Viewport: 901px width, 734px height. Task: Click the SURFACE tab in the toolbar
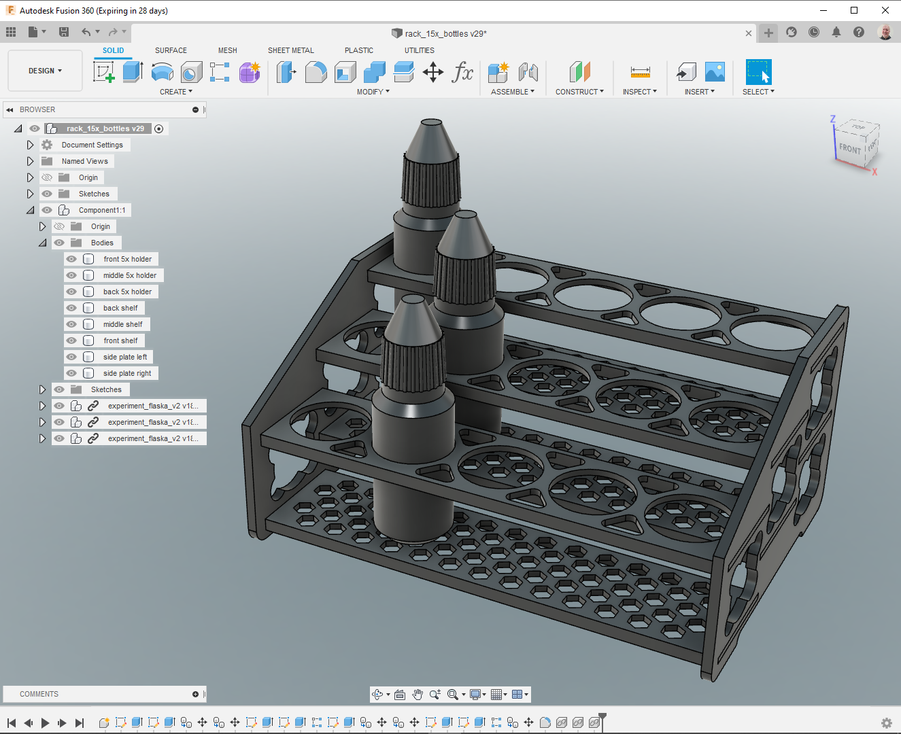click(x=171, y=50)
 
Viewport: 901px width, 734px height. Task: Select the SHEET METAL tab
click(x=290, y=50)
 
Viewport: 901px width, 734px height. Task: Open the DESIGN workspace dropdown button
click(x=45, y=71)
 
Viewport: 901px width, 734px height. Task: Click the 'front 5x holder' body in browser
click(x=127, y=259)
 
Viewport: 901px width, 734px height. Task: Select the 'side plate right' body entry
click(x=127, y=373)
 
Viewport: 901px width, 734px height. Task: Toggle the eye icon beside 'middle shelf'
click(x=71, y=324)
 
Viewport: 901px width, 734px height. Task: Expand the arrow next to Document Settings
click(x=30, y=145)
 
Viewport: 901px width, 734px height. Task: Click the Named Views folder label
click(x=84, y=161)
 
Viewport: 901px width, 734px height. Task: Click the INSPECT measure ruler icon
click(x=640, y=72)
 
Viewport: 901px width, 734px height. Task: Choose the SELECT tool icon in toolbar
click(x=758, y=72)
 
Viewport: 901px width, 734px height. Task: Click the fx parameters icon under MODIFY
click(x=462, y=72)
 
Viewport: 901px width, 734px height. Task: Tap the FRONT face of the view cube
click(x=849, y=148)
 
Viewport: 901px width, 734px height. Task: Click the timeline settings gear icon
click(x=886, y=722)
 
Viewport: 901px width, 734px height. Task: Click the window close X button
click(x=885, y=10)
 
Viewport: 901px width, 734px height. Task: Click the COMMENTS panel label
click(x=39, y=694)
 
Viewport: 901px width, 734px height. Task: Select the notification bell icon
click(x=836, y=32)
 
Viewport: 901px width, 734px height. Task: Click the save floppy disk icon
click(x=64, y=32)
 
